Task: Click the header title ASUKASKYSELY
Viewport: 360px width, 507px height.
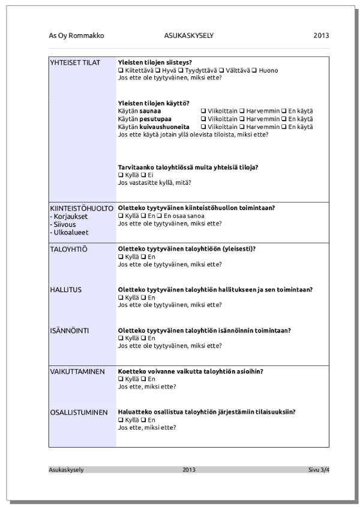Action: point(188,36)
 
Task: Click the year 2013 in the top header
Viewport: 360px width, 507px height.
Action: point(321,36)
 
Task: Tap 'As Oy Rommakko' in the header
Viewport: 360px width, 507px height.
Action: point(76,36)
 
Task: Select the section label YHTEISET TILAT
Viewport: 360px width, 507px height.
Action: point(75,63)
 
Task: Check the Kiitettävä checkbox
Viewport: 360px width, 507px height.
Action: point(121,71)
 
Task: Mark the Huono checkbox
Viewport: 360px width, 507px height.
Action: point(254,71)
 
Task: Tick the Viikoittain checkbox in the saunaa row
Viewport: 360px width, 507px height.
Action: point(203,112)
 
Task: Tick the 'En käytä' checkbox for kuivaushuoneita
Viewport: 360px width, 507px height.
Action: point(284,127)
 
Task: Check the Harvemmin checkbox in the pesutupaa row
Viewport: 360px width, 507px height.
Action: point(242,119)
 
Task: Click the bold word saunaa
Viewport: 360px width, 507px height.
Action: point(150,112)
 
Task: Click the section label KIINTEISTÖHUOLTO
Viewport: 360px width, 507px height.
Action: point(82,208)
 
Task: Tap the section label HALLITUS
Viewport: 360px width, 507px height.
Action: point(66,290)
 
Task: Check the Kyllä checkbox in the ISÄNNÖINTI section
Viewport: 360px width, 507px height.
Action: point(121,338)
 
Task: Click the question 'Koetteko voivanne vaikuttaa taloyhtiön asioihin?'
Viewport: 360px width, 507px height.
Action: point(190,371)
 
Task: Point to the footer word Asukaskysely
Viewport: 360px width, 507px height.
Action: point(66,470)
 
